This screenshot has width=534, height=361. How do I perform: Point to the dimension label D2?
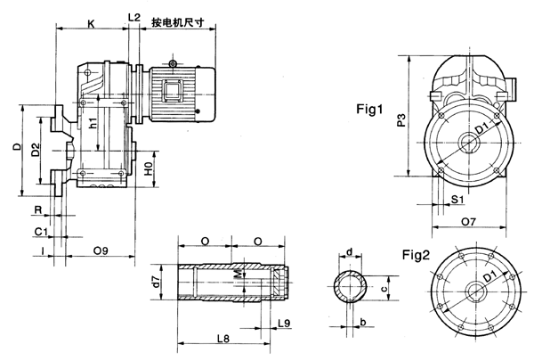tap(36, 151)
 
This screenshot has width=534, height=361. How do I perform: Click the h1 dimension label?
tap(94, 126)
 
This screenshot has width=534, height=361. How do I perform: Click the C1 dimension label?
tap(40, 231)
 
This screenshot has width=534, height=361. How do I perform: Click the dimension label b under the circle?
tap(363, 320)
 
